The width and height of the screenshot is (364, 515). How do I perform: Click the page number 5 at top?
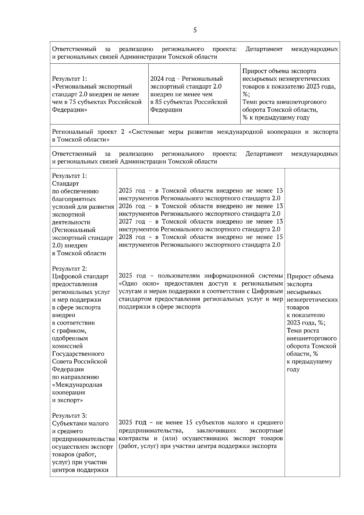pyautogui.click(x=195, y=30)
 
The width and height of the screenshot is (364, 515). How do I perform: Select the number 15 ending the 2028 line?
pyautogui.click(x=279, y=237)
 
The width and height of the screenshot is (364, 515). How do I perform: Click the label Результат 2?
pyautogui.click(x=69, y=269)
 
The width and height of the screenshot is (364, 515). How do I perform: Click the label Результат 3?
pyautogui.click(x=69, y=416)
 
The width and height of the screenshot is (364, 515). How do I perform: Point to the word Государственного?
pyautogui.click(x=78, y=354)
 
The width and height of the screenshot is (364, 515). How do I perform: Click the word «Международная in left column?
pyautogui.click(x=77, y=385)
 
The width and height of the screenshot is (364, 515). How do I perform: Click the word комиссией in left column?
pyautogui.click(x=67, y=346)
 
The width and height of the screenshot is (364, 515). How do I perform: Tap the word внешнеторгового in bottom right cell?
pyautogui.click(x=312, y=338)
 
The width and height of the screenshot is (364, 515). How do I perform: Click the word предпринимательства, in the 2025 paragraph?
pyautogui.click(x=151, y=431)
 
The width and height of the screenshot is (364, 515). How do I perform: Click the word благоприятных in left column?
pyautogui.click(x=74, y=199)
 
